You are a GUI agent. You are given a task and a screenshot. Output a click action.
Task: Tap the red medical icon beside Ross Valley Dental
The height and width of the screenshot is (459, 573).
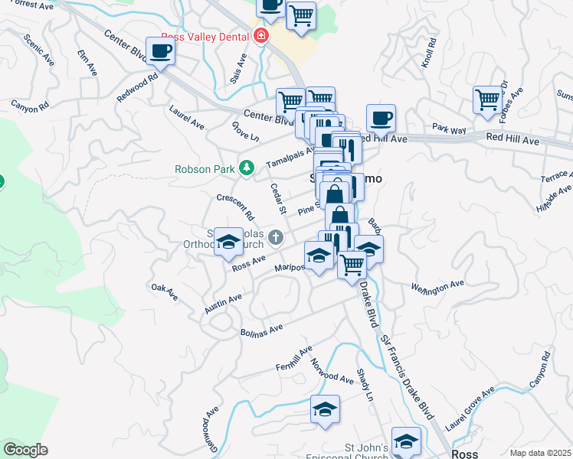pos(262,37)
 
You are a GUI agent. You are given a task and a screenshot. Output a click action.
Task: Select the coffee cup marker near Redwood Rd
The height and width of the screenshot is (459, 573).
pos(160,51)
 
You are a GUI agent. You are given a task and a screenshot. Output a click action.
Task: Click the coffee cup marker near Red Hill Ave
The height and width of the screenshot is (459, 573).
pos(381,119)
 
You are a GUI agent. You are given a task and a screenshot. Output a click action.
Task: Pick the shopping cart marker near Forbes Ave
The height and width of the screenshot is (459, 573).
pos(488,99)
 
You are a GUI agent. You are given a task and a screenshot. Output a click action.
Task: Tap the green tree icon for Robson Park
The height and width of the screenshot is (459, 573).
pos(247,168)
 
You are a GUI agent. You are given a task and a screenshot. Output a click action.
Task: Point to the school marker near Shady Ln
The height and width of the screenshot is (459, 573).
pos(326,409)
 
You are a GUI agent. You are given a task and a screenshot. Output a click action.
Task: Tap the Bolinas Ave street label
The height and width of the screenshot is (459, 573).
pos(262,330)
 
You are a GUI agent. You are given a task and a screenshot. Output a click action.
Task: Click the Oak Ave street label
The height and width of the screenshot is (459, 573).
pos(165,291)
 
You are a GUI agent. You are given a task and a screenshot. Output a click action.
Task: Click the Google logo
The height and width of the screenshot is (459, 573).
pos(25,450)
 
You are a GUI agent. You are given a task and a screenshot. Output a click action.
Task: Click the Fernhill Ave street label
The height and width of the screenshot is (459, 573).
pos(295,357)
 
